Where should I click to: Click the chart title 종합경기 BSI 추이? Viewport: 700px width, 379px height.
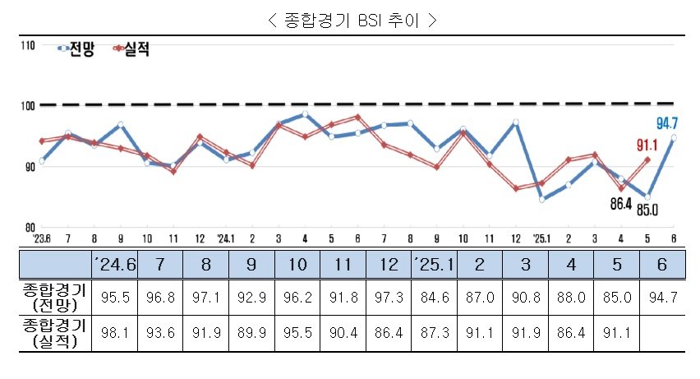click(x=351, y=21)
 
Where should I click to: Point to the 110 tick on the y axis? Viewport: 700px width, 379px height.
click(x=29, y=46)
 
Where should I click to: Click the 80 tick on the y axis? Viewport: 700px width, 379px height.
click(x=29, y=227)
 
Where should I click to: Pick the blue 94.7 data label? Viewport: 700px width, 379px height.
click(x=667, y=123)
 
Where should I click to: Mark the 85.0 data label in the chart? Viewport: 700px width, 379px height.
click(x=647, y=210)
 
